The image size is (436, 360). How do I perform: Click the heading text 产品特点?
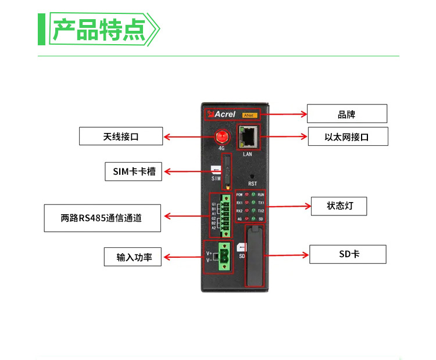point(98,29)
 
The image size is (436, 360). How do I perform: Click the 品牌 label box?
point(346,114)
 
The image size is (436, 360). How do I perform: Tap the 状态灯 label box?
point(339,206)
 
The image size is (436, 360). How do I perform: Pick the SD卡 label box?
point(347,254)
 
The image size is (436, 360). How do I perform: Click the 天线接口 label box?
point(121,136)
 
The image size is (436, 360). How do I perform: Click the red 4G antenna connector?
point(221,137)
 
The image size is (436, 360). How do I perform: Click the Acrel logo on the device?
point(220,115)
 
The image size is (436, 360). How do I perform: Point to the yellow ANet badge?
point(249,115)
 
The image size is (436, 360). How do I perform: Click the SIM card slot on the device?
point(227,171)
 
